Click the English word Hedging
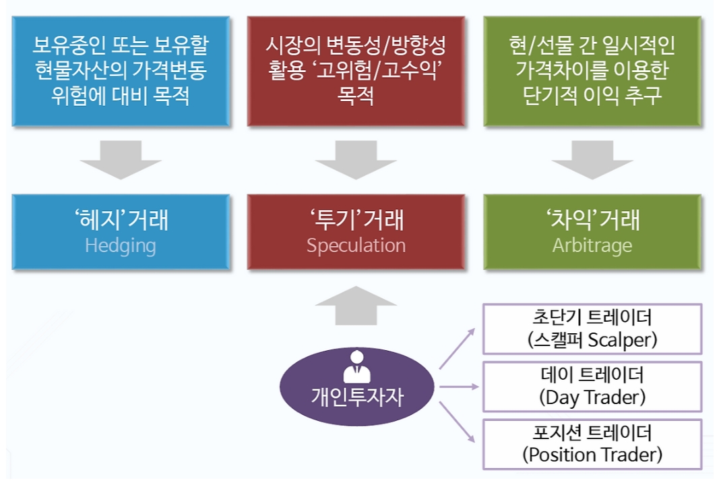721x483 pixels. coord(121,245)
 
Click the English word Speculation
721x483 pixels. coord(356,245)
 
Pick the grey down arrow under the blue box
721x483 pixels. coord(121,160)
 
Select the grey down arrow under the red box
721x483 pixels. coord(356,160)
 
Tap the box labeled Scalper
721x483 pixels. coord(592,329)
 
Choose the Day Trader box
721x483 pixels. coord(592,387)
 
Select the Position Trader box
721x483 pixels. coord(592,444)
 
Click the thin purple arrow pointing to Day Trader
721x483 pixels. coord(459,387)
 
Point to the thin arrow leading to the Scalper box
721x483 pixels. coord(458,349)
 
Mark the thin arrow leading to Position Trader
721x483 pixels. coord(458,423)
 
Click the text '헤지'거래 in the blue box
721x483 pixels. coord(121,219)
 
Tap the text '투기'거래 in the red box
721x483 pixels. coord(356,219)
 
